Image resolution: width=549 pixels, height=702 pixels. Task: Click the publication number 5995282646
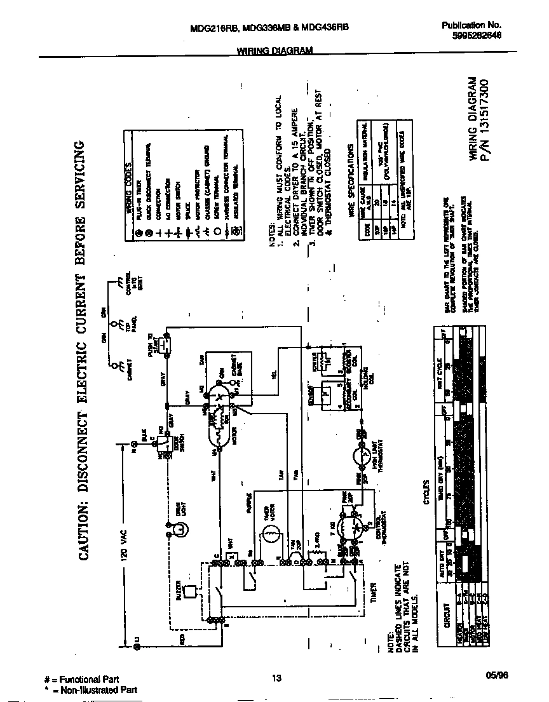click(x=471, y=36)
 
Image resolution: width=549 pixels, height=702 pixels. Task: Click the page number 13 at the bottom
click(x=276, y=678)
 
